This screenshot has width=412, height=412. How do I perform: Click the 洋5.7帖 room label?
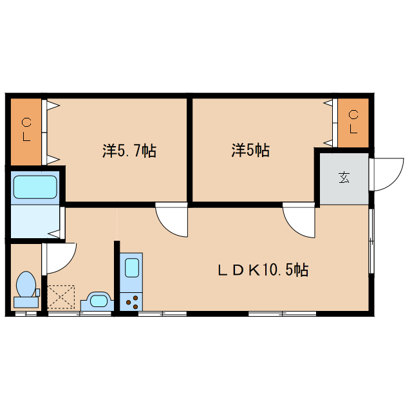(129, 151)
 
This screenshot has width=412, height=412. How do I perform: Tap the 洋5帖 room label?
(250, 151)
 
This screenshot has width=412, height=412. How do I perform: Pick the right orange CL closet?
(353, 122)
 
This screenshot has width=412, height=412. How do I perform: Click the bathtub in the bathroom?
(36, 187)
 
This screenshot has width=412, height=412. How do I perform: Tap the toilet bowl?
(26, 284)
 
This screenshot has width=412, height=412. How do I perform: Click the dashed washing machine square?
(61, 297)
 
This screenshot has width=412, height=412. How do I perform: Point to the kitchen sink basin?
(131, 267)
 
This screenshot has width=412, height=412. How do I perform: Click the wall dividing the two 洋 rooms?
(190, 148)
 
